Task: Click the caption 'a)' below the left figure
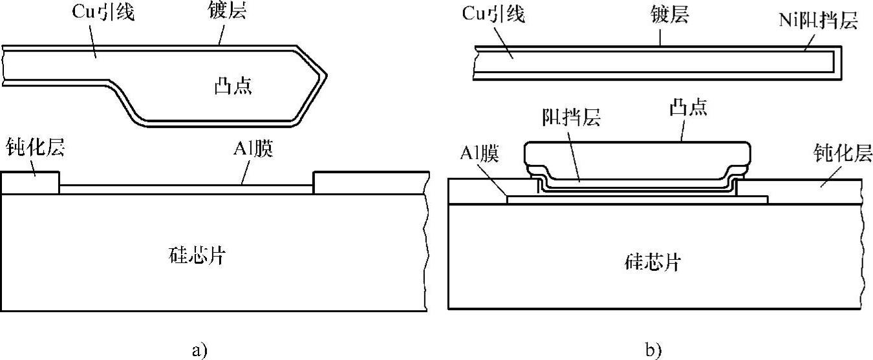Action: tap(199, 350)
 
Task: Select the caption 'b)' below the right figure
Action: tap(654, 350)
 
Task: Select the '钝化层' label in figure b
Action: tap(843, 154)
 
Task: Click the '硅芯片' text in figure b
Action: tap(652, 262)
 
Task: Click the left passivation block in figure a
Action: tap(30, 182)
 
